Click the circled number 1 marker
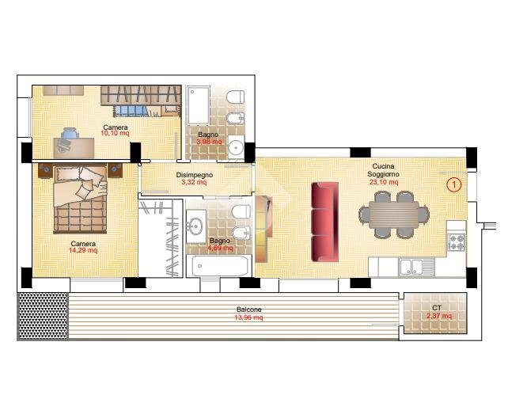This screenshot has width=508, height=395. [453, 185]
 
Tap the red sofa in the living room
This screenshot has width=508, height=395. [324, 221]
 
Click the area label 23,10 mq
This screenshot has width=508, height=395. [383, 181]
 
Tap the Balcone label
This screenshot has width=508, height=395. [249, 310]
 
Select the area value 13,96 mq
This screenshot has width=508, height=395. [249, 317]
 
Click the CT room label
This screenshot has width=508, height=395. [437, 307]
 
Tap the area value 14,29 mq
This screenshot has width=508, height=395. [83, 251]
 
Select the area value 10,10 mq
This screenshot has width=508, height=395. [116, 135]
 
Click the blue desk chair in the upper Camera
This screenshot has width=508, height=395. [70, 135]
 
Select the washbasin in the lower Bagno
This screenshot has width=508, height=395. [195, 226]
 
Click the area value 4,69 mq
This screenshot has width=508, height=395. [220, 248]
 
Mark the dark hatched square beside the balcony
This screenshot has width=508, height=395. [43, 315]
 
